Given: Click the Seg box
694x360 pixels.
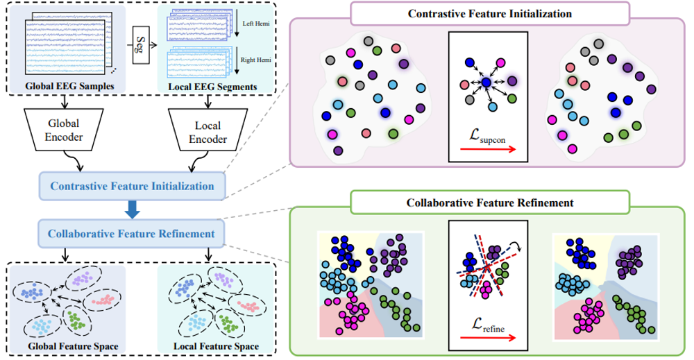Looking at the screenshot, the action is (x=141, y=44).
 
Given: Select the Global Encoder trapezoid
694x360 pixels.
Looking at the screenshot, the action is (x=64, y=130).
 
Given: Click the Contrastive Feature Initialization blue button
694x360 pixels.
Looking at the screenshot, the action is (x=132, y=186).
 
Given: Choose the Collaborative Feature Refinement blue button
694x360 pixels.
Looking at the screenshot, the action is (x=131, y=234).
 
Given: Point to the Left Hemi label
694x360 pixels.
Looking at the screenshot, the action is (x=256, y=24).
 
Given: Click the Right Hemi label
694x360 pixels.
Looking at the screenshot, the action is (x=256, y=60).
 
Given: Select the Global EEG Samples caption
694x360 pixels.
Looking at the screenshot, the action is (x=69, y=86).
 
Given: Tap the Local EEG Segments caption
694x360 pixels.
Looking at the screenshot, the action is (x=212, y=87).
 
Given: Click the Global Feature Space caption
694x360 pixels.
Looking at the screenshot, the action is (x=73, y=346).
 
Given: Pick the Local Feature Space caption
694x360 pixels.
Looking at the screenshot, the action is (x=216, y=346).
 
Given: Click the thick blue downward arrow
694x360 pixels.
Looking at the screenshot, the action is (x=132, y=209).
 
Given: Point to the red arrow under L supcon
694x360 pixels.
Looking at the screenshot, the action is (x=488, y=150).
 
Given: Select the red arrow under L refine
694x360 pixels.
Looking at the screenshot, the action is (x=488, y=338).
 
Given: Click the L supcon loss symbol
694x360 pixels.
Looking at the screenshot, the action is (x=487, y=136).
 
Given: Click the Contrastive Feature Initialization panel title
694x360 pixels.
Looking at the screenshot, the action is (x=489, y=14).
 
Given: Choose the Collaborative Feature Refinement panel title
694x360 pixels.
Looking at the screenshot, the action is (x=489, y=203).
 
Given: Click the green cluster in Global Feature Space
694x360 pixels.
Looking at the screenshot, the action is (x=76, y=321).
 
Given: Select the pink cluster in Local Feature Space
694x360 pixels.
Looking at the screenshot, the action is (x=248, y=306).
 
